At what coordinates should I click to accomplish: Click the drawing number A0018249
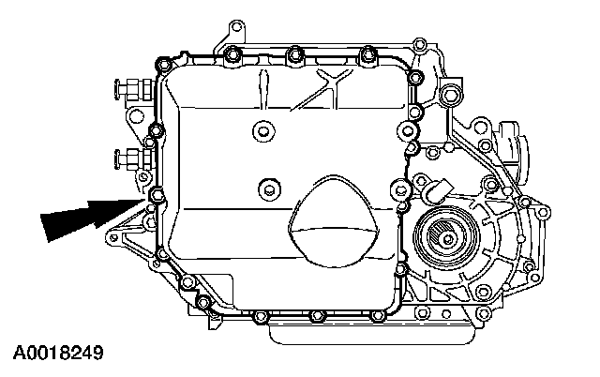point(57,354)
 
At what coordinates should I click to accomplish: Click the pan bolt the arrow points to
point(155,195)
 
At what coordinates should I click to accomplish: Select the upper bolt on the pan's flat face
point(262,130)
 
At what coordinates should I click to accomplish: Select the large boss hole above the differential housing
point(452,94)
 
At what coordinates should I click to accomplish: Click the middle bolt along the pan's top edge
point(294,51)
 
